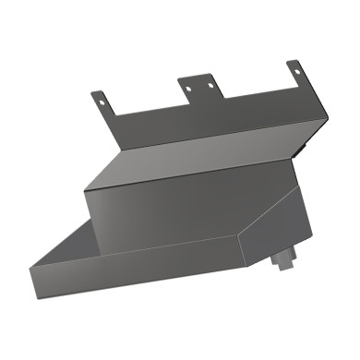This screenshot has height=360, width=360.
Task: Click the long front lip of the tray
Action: pyautogui.click(x=138, y=270)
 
